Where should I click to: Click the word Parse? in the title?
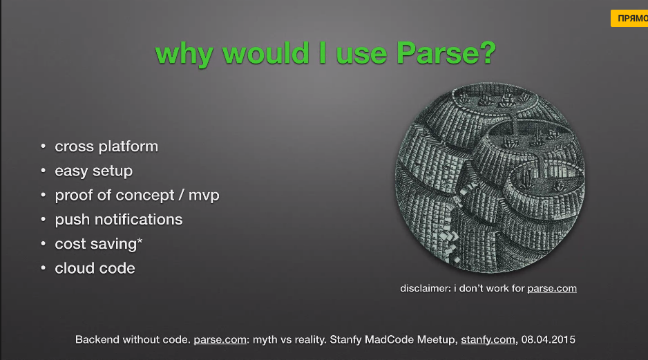(x=446, y=54)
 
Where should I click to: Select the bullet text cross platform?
(x=106, y=146)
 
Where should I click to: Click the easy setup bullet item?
(x=93, y=171)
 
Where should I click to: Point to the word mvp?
(x=204, y=196)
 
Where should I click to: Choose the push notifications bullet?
(x=119, y=220)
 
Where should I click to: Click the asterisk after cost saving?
(x=140, y=242)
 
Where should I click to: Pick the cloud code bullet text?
(x=95, y=268)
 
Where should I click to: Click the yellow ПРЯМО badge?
(x=629, y=19)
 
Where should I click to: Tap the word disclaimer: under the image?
(x=425, y=288)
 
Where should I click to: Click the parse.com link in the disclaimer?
(x=551, y=288)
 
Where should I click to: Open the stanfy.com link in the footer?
(x=488, y=340)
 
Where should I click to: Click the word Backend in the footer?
(x=97, y=340)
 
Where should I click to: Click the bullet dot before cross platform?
(x=44, y=146)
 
